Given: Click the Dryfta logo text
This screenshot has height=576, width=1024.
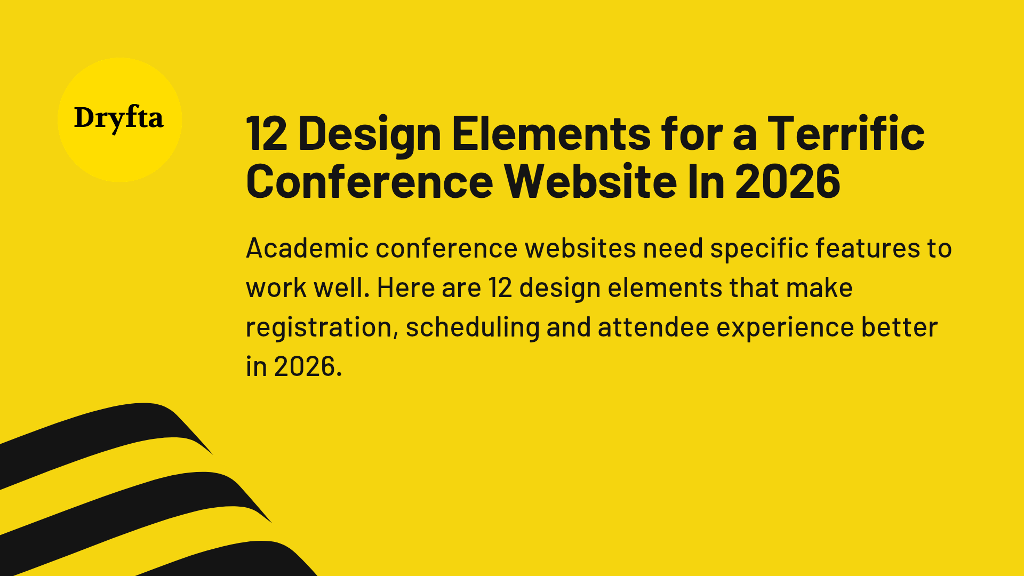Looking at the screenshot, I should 118,118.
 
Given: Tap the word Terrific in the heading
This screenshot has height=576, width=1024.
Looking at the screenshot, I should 846,133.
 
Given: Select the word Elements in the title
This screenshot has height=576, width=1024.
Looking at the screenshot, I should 551,133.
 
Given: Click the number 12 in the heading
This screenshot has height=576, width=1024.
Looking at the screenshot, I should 266,133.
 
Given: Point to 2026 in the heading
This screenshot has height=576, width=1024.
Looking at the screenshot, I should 787,181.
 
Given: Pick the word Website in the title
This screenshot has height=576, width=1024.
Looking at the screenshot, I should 591,181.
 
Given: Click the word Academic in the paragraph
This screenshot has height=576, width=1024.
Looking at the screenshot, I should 307,249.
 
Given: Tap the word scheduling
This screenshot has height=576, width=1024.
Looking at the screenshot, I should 473,327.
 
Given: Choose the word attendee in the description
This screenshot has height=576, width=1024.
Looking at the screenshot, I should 653,327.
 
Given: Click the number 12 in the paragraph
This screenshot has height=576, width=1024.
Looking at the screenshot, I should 500,288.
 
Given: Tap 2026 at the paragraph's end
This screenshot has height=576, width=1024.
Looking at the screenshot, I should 307,367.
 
